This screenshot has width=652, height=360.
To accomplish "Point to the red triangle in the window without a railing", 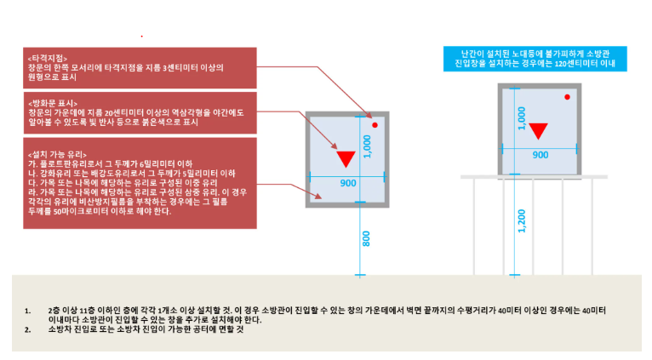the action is [345, 159].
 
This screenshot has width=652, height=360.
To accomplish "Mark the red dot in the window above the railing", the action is [566, 99].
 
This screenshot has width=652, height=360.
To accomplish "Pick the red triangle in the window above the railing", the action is [538, 131].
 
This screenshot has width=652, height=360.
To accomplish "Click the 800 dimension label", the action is [365, 238].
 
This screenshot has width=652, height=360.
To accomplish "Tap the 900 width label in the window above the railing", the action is [540, 155].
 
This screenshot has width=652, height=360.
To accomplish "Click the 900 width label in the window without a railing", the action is [348, 184].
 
